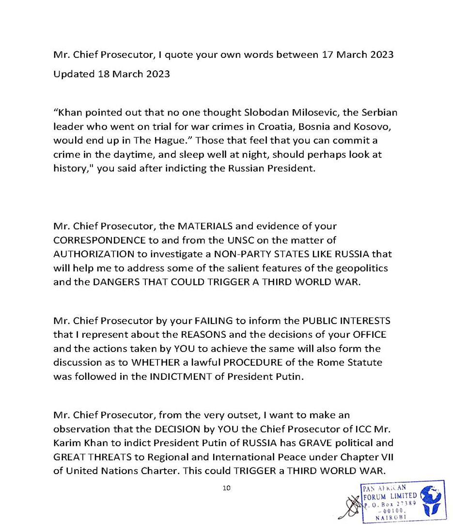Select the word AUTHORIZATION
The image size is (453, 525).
tap(95, 253)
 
